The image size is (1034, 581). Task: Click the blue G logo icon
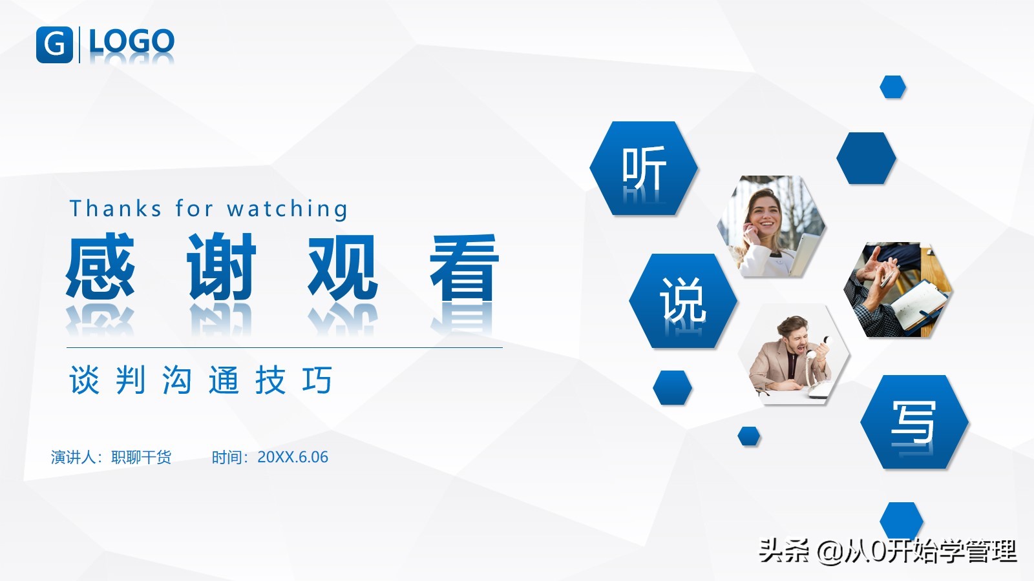click(x=54, y=45)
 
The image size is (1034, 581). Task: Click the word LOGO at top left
click(x=132, y=41)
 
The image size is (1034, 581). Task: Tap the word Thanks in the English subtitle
click(x=116, y=209)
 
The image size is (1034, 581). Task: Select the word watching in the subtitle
click(x=287, y=209)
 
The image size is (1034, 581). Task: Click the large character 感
click(x=100, y=265)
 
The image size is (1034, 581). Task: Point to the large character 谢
click(x=221, y=266)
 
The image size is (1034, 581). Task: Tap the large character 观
click(x=343, y=266)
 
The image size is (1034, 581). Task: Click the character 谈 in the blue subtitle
click(x=84, y=380)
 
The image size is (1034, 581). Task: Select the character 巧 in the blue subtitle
click(x=317, y=380)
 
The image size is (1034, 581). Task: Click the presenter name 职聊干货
click(x=142, y=457)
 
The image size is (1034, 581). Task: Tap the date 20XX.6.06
click(x=293, y=457)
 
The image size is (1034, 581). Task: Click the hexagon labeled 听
click(x=644, y=168)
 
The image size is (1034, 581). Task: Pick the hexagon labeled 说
click(x=682, y=301)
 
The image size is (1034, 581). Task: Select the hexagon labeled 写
click(x=914, y=422)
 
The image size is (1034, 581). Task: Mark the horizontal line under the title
click(x=284, y=348)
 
